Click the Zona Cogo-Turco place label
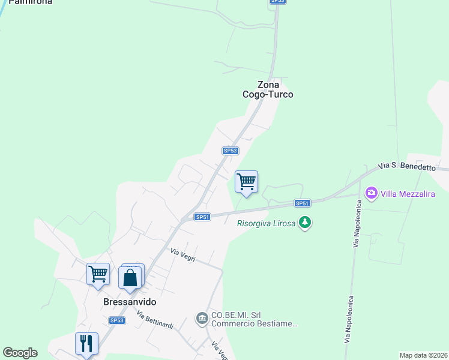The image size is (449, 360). (268, 89)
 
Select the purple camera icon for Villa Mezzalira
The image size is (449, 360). (371, 193)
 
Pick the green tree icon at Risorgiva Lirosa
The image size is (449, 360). (306, 223)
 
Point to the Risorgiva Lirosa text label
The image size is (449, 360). (266, 223)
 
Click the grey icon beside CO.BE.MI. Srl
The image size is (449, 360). (202, 317)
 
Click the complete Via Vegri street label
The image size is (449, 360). (183, 254)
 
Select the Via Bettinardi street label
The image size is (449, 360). (154, 320)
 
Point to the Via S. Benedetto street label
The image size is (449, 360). (406, 166)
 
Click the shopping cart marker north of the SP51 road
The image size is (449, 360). (246, 181)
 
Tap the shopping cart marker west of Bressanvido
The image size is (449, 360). (98, 274)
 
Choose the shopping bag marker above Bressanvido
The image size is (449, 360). (130, 278)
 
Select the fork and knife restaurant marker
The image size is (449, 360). (86, 343)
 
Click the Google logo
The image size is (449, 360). (20, 353)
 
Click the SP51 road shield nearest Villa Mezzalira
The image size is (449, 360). (302, 203)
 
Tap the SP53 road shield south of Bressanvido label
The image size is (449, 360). (116, 321)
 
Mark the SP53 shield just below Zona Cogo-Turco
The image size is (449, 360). (231, 151)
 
